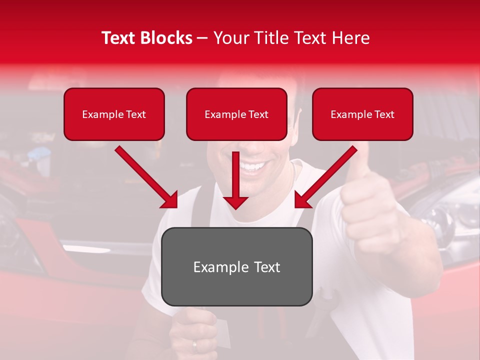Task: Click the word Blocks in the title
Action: click(166, 38)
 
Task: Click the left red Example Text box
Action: click(114, 114)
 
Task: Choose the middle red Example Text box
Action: click(236, 114)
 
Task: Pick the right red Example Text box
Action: click(362, 114)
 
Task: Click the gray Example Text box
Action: click(236, 266)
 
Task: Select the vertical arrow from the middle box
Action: click(236, 180)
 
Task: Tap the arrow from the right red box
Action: click(326, 176)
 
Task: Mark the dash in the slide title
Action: click(202, 38)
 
